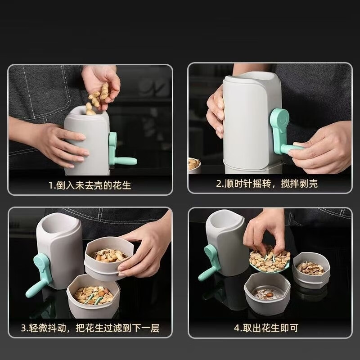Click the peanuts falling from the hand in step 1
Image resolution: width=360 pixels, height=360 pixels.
[x=98, y=99]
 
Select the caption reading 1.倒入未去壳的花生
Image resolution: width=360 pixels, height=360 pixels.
[x=90, y=185]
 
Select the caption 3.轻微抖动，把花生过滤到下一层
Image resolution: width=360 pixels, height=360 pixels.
[x=90, y=328]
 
